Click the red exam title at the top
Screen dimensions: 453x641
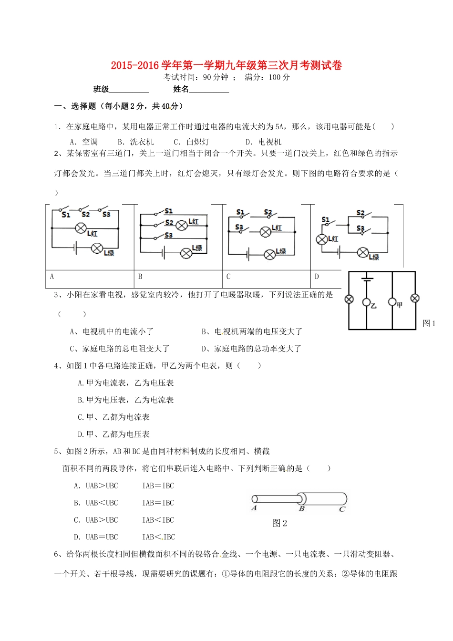pos(226,65)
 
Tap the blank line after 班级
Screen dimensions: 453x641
pos(129,90)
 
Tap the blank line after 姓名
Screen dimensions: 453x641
pos(209,90)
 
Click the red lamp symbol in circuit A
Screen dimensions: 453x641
pos(81,229)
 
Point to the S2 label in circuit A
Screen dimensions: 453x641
pos(86,215)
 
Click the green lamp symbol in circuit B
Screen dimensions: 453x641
pos(186,253)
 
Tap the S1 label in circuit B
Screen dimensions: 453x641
pos(168,211)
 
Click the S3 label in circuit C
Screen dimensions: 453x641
pos(239,227)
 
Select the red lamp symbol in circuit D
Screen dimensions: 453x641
pos(322,239)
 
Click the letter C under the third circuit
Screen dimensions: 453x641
pos(228,277)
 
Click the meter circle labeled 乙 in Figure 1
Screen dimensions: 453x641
pos(367,302)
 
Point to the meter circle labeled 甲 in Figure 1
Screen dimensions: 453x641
pos(392,302)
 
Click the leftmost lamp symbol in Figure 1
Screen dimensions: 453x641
pos(349,300)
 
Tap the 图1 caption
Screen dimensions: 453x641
pos(429,323)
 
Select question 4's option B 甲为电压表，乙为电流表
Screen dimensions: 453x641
pos(126,400)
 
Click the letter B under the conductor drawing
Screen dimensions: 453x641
pos(301,509)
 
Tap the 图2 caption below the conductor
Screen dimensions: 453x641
pos(279,523)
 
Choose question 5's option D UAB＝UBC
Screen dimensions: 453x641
pos(96,537)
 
